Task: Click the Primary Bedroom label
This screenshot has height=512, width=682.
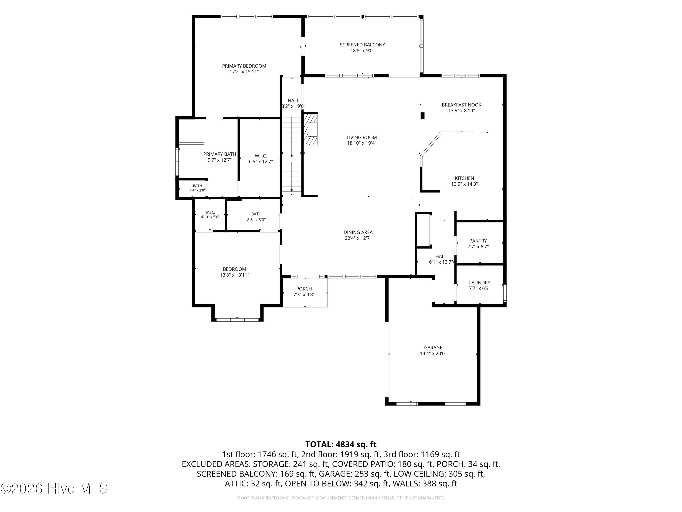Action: pyautogui.click(x=244, y=66)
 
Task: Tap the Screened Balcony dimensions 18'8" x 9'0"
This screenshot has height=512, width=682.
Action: pyautogui.click(x=362, y=51)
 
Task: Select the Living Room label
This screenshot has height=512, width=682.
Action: pyautogui.click(x=362, y=137)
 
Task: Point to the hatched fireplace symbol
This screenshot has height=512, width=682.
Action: pyautogui.click(x=311, y=129)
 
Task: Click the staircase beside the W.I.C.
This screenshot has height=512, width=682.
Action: pyautogui.click(x=292, y=157)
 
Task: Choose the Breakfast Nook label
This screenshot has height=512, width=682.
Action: pyautogui.click(x=461, y=105)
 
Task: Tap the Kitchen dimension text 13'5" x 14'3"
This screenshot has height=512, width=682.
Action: pyautogui.click(x=464, y=184)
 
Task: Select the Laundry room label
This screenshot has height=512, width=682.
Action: pyautogui.click(x=479, y=282)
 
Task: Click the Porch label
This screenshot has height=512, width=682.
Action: pyautogui.click(x=304, y=289)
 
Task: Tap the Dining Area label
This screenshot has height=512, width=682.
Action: pyautogui.click(x=358, y=232)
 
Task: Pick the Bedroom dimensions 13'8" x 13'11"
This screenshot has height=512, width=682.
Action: pyautogui.click(x=235, y=275)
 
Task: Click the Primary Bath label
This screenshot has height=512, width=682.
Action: pyautogui.click(x=220, y=154)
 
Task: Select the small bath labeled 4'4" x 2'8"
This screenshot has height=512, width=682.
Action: pyautogui.click(x=197, y=188)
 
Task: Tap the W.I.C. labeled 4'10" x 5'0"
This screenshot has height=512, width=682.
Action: pyautogui.click(x=210, y=215)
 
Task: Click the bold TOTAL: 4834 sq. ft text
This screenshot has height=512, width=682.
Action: pyautogui.click(x=341, y=444)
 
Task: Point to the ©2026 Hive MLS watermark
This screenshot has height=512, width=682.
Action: pyautogui.click(x=54, y=489)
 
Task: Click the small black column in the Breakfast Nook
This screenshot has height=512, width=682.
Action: pyautogui.click(x=422, y=116)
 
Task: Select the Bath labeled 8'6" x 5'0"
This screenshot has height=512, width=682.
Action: pyautogui.click(x=256, y=217)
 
